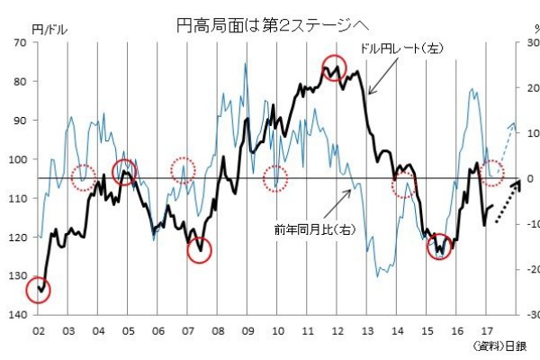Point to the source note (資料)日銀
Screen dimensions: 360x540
pos(500,346)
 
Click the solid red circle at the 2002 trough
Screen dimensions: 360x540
pos(38,289)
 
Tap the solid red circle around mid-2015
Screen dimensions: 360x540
pos(440,246)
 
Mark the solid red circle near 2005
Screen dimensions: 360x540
pos(124,172)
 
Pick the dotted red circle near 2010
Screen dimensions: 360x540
pos(275,177)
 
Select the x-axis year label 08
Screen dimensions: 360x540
pos(217,330)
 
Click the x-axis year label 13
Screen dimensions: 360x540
pos(366,330)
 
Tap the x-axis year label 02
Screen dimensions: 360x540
pos(38,330)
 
